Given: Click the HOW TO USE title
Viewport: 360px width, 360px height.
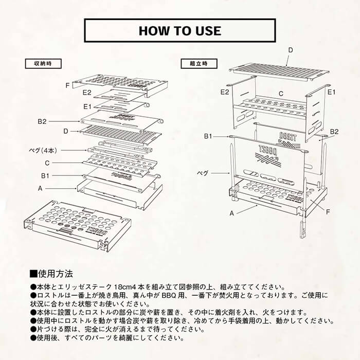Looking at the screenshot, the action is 180,31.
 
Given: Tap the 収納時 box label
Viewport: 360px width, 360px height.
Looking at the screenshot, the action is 43,64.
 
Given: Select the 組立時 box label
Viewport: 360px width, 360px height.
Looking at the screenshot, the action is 199,64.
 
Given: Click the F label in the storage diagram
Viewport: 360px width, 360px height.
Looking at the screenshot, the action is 67,85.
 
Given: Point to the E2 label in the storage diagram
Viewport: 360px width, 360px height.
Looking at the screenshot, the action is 87,93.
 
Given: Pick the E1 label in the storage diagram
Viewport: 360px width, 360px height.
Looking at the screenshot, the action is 87,106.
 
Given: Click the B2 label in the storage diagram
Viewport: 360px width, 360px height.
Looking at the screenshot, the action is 42,121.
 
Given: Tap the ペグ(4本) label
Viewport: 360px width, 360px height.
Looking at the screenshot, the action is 43,151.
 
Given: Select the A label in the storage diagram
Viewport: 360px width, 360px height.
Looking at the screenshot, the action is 40,189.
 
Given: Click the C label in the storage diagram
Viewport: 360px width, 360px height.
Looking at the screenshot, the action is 47,163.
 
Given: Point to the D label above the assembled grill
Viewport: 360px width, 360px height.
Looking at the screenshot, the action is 291,50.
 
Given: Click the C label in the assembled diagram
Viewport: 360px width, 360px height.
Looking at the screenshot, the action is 281,94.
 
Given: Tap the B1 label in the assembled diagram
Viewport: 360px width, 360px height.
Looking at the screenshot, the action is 208,136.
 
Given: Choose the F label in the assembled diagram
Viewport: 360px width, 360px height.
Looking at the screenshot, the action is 328,212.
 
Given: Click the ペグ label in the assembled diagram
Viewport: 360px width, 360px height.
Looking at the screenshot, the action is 203,173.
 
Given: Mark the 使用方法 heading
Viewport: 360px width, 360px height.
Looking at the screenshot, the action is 51,274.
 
